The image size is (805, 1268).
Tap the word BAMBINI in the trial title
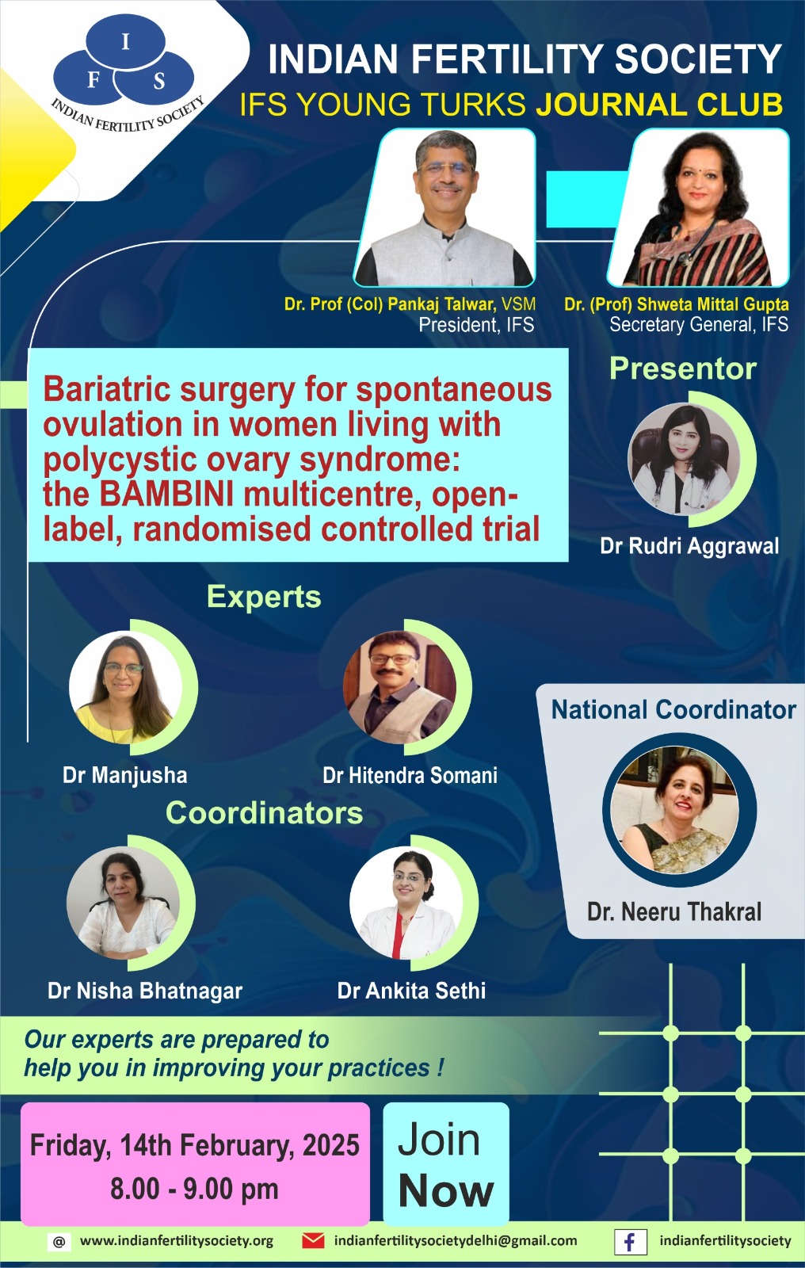(x=166, y=495)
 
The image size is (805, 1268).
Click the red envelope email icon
(x=313, y=1241)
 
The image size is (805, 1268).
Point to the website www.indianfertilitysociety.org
(x=177, y=1241)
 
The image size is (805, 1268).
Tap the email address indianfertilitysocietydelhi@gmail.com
(x=456, y=1241)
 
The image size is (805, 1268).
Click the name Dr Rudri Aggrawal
(x=689, y=546)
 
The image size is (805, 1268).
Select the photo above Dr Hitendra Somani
(x=399, y=686)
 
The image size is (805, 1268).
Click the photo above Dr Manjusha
(x=126, y=686)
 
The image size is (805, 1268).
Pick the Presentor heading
(x=683, y=369)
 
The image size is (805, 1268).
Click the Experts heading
(x=264, y=597)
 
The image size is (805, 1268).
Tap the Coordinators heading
(x=265, y=813)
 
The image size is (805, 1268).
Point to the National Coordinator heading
(x=673, y=709)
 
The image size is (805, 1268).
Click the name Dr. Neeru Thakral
(x=674, y=911)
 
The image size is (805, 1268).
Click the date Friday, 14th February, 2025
(x=195, y=1145)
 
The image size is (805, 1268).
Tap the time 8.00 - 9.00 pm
(x=194, y=1189)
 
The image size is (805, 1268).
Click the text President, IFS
(x=476, y=325)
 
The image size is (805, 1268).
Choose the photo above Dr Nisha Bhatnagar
(x=124, y=903)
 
